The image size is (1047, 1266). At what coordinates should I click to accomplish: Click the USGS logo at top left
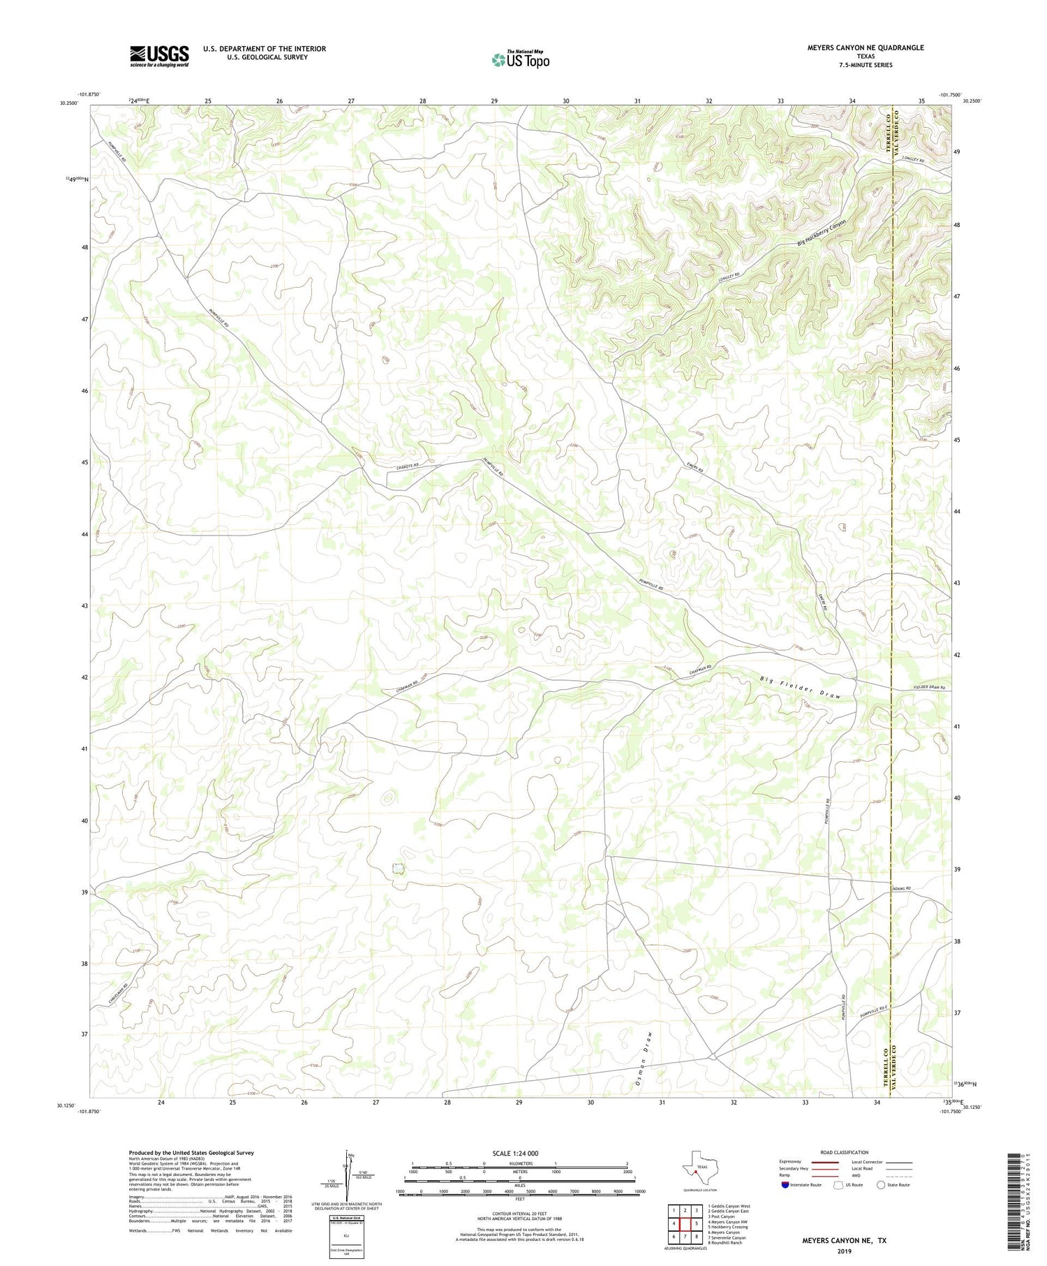159,56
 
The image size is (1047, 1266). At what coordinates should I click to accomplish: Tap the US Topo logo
521,60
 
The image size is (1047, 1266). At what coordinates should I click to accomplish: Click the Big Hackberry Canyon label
822,233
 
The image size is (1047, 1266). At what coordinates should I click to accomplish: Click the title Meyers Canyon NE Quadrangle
866,47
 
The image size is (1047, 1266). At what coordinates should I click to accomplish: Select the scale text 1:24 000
519,1153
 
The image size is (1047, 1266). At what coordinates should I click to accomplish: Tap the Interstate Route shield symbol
787,1185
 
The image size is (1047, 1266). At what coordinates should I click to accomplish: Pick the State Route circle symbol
881,1184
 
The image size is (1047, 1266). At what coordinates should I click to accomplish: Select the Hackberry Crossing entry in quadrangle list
727,1227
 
